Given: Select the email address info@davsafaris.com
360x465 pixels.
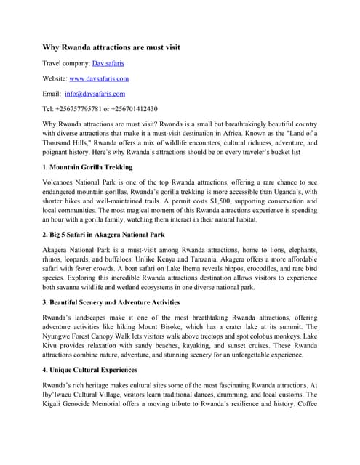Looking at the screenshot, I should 95,94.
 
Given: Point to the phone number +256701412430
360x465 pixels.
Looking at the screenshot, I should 137,109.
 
